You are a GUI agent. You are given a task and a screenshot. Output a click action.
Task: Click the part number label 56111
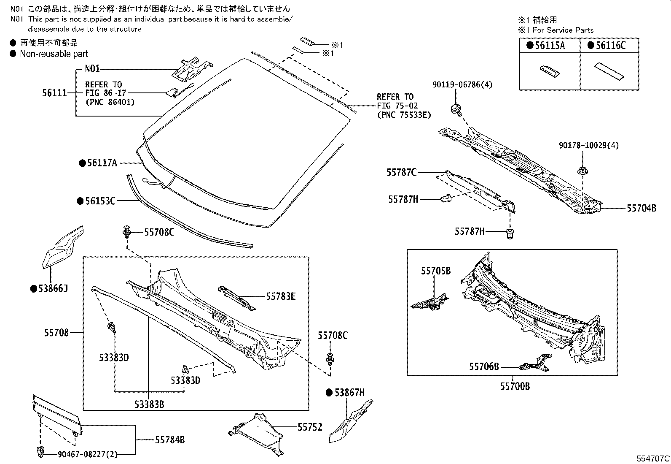(x=55, y=93)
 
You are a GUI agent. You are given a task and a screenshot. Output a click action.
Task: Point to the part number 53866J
(x=52, y=289)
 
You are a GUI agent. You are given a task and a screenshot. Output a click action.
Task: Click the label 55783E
(x=281, y=296)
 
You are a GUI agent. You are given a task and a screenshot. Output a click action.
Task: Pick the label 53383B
(x=149, y=404)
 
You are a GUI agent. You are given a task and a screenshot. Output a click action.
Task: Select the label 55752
(x=310, y=427)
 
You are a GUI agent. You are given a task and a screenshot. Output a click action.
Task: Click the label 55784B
(x=170, y=440)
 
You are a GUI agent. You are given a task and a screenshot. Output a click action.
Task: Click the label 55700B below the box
(x=515, y=386)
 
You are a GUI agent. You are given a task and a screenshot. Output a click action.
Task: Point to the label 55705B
(x=436, y=271)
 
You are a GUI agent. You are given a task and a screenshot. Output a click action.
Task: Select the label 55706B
(x=484, y=366)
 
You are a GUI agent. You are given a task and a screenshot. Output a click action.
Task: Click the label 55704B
(x=641, y=208)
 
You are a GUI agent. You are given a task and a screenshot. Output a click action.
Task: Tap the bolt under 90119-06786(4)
(x=456, y=109)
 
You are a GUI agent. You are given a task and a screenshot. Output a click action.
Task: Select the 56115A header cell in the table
(x=550, y=46)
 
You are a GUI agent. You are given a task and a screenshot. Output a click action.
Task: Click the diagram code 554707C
(x=653, y=458)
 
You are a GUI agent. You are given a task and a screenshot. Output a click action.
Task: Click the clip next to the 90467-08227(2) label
(x=40, y=451)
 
